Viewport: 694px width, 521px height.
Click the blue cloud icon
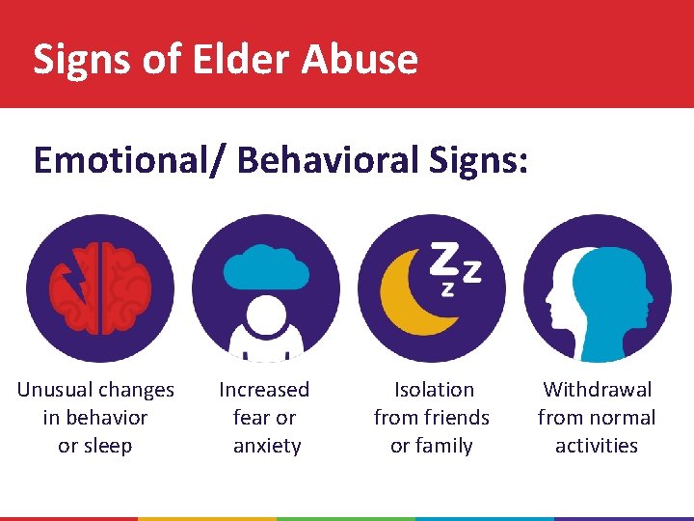pyautogui.click(x=266, y=266)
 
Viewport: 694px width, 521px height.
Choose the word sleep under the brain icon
pyautogui.click(x=107, y=446)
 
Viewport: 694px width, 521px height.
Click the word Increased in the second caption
pyautogui.click(x=264, y=390)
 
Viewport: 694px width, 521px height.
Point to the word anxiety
pyautogui.click(x=267, y=446)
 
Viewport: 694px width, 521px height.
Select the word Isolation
pyautogui.click(x=434, y=390)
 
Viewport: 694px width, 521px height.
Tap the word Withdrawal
pyautogui.click(x=597, y=390)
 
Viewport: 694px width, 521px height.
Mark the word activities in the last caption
pyautogui.click(x=597, y=446)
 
